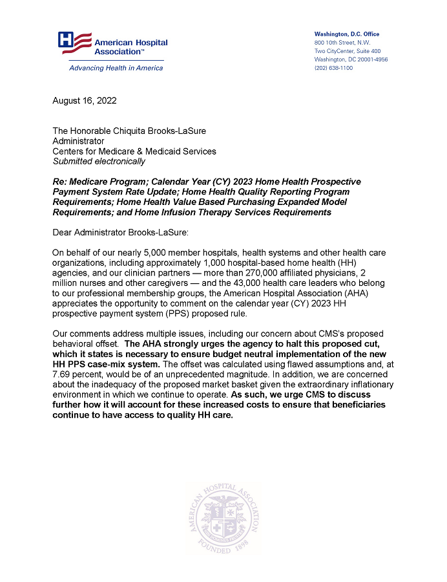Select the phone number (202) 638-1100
click(x=333, y=68)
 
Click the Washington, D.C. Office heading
click(x=347, y=34)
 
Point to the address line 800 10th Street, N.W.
click(x=342, y=43)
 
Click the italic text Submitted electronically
click(x=99, y=161)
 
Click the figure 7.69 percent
click(x=79, y=374)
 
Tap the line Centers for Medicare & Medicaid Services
click(x=134, y=151)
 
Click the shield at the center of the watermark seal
click(x=224, y=517)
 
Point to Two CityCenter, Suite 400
click(x=347, y=51)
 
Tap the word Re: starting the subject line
click(x=61, y=182)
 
